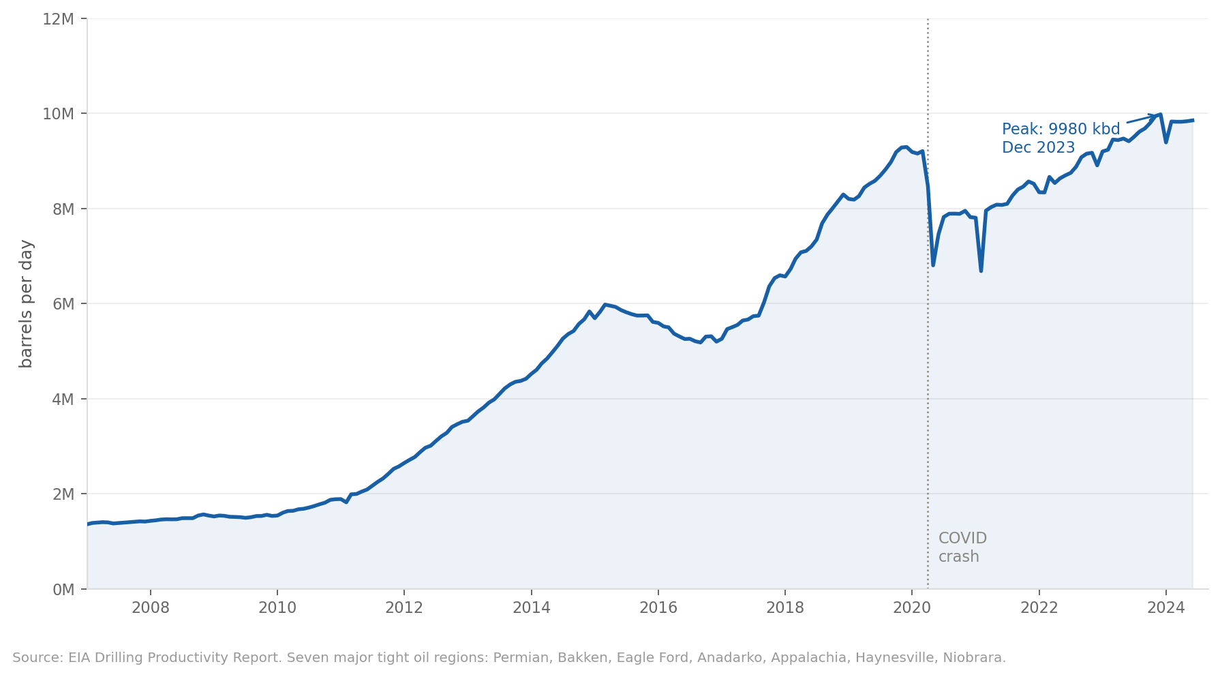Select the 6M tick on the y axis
point(62,304)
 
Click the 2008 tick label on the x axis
point(150,608)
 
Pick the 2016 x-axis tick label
point(658,608)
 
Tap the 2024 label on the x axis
point(1165,608)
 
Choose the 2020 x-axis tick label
point(912,608)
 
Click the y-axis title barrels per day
point(26,303)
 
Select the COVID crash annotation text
point(962,547)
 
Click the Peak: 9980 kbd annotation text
point(1061,130)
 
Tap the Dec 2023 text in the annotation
point(1038,148)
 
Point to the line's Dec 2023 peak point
point(1160,115)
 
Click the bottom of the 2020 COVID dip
point(932,265)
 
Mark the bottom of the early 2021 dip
point(981,271)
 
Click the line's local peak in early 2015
point(605,305)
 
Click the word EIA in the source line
point(79,658)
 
